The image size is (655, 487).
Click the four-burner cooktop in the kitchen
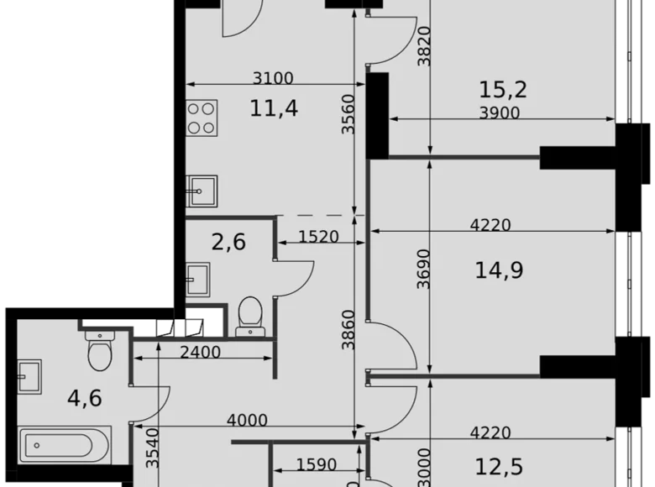pos(202,118)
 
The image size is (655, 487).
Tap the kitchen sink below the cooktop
pos(202,191)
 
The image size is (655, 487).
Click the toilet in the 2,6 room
pos(249,317)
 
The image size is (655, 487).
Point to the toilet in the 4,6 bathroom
pos(99,351)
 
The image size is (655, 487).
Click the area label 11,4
pos(274,107)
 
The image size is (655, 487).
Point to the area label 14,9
pos(500,270)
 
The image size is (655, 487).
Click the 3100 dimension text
pos(273,79)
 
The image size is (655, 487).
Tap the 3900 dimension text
pos(499,113)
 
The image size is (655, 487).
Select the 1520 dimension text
pos(319,238)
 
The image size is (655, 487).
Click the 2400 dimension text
pos(201,353)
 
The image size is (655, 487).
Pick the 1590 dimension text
pos(317,464)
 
